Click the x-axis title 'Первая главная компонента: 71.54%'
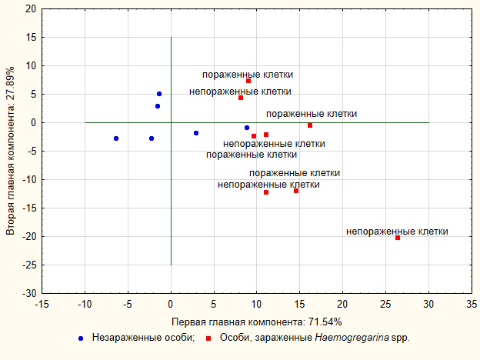point(256,322)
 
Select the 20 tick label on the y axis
point(30,9)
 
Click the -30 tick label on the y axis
point(28,294)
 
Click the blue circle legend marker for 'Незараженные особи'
point(80,338)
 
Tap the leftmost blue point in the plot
point(116,138)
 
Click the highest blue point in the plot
point(159,94)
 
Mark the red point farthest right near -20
point(398,238)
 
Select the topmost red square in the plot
point(248,81)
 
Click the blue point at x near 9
point(247,128)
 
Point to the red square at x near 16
point(310,125)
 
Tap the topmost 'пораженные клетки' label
point(248,75)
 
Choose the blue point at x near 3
point(196,133)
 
